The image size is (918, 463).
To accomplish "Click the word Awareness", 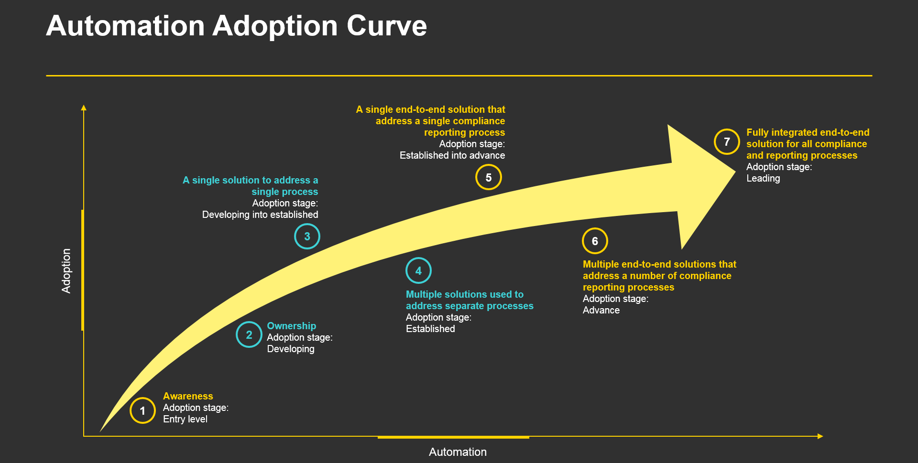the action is [x=188, y=396].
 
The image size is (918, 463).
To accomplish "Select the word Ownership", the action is [x=291, y=326].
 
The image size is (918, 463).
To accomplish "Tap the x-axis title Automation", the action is [x=458, y=452].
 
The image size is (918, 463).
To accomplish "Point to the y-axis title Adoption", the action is [x=66, y=270].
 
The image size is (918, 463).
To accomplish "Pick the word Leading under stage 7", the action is [x=763, y=178].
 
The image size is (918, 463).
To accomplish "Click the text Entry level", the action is [x=185, y=419].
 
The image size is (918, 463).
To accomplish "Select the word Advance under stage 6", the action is [x=601, y=310].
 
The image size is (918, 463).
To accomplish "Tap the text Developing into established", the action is [x=260, y=215].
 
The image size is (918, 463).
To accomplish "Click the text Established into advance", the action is [x=452, y=155].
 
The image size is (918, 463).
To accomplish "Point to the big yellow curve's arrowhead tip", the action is [x=735, y=172].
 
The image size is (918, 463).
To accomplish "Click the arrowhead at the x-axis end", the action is [x=820, y=436].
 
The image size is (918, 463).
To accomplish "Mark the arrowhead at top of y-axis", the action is [x=84, y=108].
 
